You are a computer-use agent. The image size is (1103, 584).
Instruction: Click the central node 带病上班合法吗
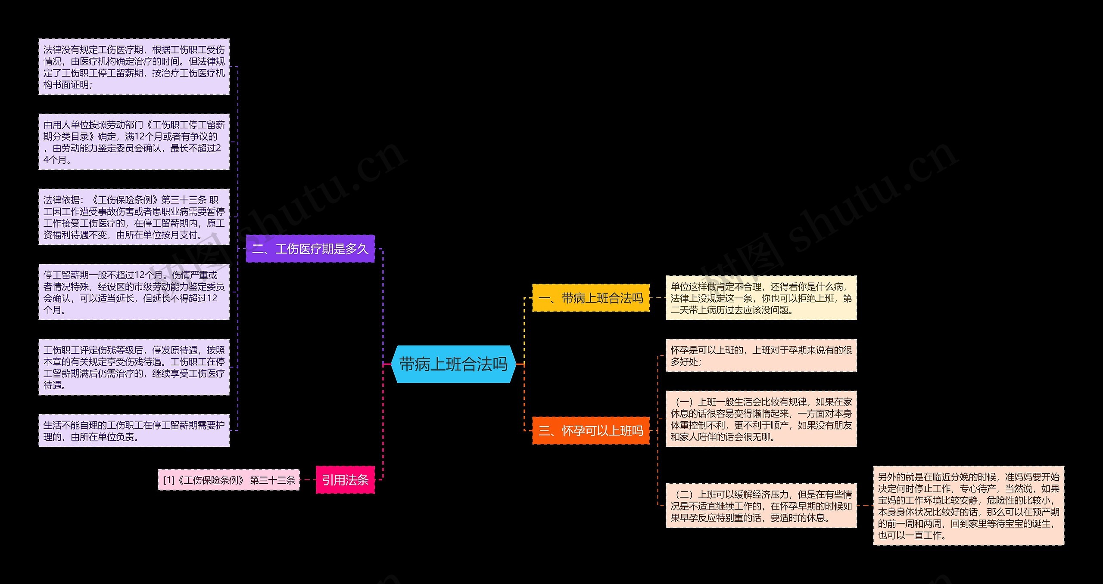click(453, 364)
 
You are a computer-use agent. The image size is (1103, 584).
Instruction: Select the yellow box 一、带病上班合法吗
click(591, 298)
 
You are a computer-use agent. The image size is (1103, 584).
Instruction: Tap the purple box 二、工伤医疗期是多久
click(310, 249)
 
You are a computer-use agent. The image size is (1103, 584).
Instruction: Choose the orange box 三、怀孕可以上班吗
click(591, 430)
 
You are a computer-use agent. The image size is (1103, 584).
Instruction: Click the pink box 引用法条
click(345, 480)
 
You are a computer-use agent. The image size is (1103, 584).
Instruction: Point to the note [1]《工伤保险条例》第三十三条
click(229, 480)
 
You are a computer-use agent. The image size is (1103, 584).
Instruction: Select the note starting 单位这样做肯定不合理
click(761, 298)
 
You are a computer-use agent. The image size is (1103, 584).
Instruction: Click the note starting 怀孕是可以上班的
click(761, 355)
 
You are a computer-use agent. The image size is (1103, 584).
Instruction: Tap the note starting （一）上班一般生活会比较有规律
click(761, 419)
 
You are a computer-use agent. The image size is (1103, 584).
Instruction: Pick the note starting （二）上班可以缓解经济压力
click(761, 506)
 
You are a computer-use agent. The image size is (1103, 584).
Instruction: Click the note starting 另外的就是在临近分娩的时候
click(969, 506)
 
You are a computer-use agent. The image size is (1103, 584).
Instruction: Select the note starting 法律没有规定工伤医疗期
click(134, 67)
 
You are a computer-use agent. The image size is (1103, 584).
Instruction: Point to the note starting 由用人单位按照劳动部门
click(134, 142)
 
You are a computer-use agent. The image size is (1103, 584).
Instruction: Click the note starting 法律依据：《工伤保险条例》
click(134, 217)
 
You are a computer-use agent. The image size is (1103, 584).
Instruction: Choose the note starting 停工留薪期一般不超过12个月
click(134, 292)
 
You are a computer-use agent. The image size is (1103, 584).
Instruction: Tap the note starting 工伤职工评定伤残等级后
click(134, 367)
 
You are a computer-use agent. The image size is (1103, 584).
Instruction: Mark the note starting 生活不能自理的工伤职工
click(134, 430)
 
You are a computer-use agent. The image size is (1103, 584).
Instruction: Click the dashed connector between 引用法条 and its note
click(308, 480)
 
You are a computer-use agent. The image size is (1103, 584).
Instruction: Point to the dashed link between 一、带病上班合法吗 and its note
click(657, 298)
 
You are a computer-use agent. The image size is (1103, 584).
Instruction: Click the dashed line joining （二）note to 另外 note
click(865, 506)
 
